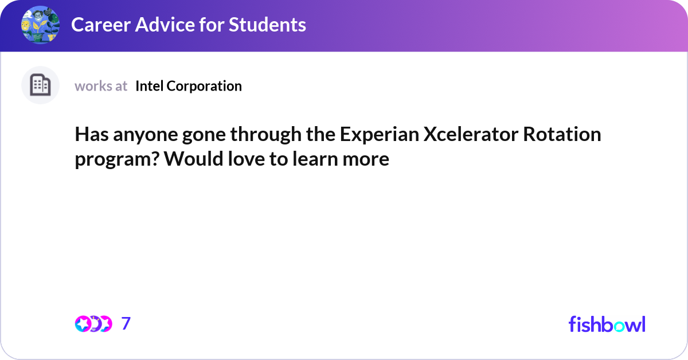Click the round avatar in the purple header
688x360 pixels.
tap(40, 25)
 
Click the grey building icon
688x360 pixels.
tap(40, 85)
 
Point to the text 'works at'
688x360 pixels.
tap(101, 86)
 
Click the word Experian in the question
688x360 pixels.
tap(378, 135)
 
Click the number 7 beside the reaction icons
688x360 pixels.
tap(126, 324)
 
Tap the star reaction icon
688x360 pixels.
tap(83, 324)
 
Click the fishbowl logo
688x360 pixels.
tap(607, 324)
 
